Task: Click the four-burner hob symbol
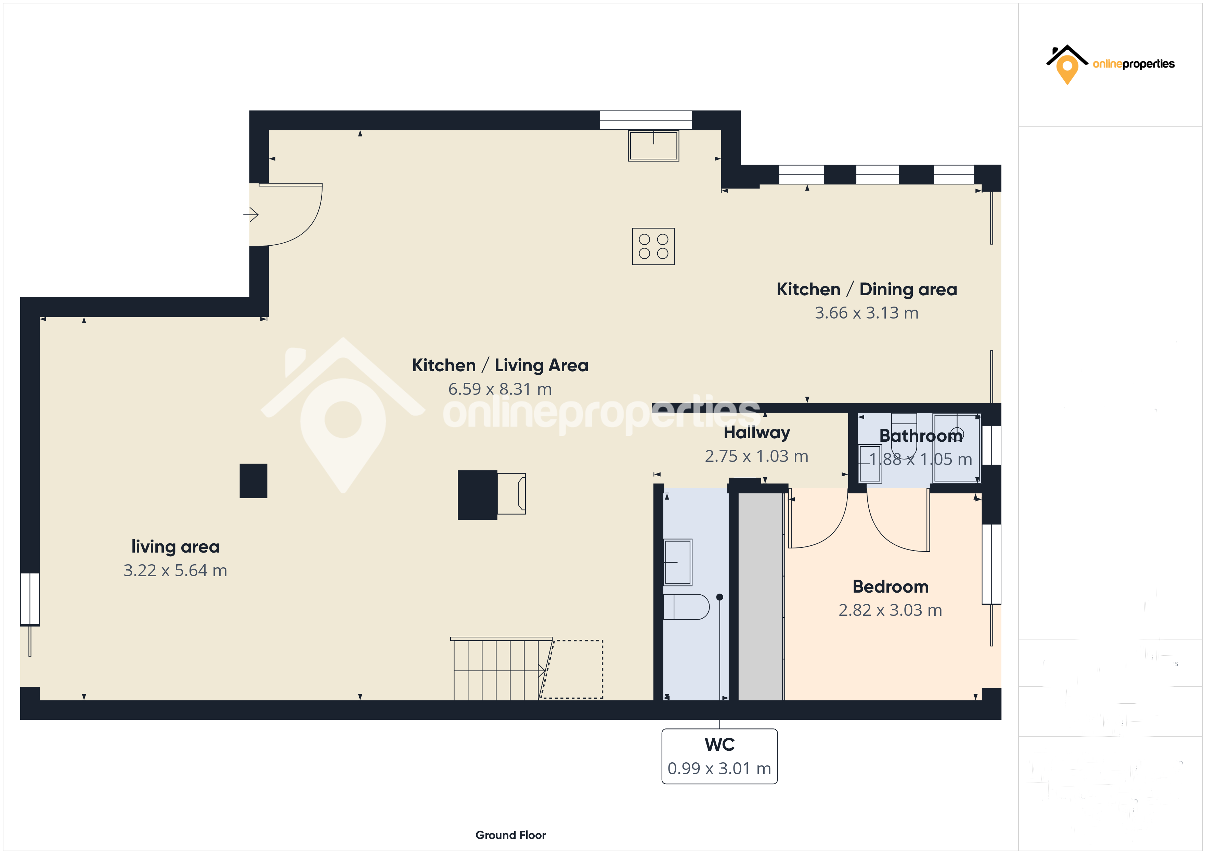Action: (x=653, y=246)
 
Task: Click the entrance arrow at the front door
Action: (x=251, y=215)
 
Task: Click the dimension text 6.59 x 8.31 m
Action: (x=500, y=389)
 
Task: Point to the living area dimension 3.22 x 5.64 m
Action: (x=175, y=571)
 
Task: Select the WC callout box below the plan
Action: (x=719, y=756)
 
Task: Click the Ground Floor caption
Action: (x=510, y=835)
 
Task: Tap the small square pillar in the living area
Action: (x=254, y=481)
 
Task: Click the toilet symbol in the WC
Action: (x=687, y=607)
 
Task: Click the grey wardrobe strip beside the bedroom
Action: (x=760, y=595)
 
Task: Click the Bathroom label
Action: (x=921, y=436)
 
